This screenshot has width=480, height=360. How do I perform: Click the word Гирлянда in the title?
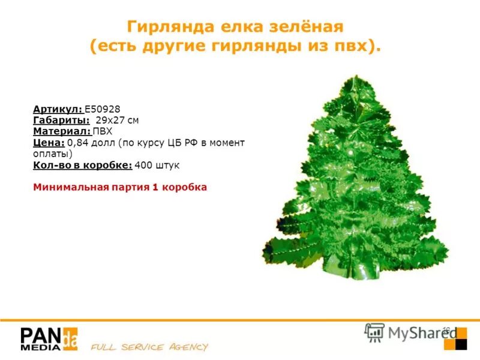164,27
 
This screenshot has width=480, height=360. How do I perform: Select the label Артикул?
58,109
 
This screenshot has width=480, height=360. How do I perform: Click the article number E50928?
103,109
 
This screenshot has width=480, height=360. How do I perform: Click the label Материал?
62,131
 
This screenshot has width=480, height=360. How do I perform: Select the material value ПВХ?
103,131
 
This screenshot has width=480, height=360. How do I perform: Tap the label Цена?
49,142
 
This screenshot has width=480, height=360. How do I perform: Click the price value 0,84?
77,142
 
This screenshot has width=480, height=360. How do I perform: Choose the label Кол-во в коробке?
82,164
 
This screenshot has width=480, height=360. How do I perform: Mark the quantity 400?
144,164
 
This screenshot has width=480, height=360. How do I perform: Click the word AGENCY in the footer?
185,347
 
